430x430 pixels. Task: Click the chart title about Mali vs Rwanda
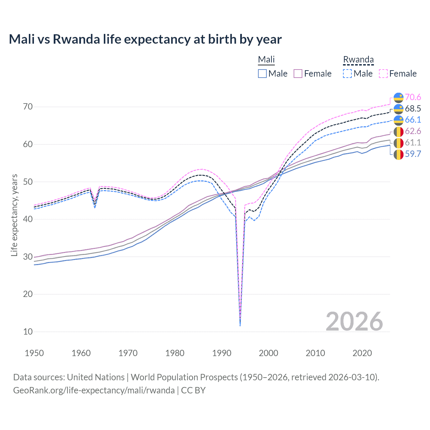145,39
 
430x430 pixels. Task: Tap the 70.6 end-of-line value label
413,97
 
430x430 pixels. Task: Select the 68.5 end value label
413,109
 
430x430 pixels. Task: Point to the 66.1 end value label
413,120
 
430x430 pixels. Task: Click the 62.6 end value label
413,131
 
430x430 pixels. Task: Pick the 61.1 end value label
413,143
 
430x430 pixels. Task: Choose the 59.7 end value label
413,154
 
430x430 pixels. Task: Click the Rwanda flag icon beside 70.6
398,97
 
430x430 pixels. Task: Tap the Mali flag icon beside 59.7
398,155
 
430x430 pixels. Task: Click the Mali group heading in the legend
266,60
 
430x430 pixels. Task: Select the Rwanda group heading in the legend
358,60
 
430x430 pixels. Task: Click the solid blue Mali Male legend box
262,74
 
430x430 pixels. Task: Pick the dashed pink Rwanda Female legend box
383,74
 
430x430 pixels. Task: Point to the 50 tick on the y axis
28,182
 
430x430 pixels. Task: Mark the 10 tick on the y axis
28,332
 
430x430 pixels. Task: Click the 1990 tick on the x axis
222,353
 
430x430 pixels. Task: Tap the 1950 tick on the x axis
34,353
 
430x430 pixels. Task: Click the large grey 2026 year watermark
354,321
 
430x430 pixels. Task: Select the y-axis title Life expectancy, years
14,215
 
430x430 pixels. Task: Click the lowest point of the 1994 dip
240,326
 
